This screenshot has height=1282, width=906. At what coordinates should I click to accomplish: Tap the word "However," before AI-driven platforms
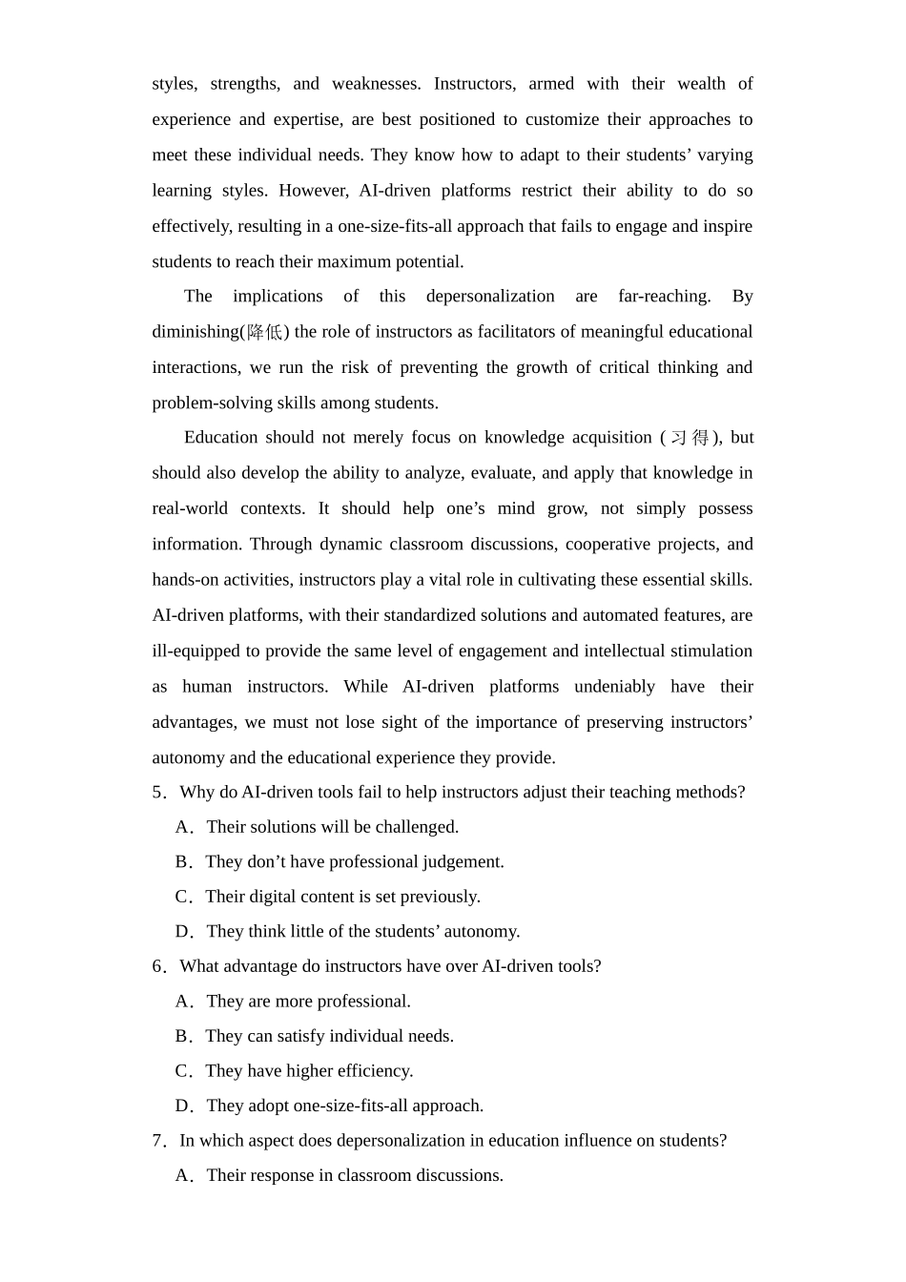pyautogui.click(x=313, y=191)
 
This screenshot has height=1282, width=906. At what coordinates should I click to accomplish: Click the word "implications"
pyautogui.click(x=278, y=297)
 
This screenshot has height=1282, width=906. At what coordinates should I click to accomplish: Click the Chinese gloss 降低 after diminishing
pyautogui.click(x=265, y=332)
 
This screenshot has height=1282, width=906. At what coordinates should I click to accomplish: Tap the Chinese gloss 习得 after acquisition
pyautogui.click(x=690, y=438)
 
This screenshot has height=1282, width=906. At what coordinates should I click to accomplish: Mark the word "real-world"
pyautogui.click(x=190, y=508)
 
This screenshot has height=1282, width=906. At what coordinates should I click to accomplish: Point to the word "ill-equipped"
pyautogui.click(x=196, y=651)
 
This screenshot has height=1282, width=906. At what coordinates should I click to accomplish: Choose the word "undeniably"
pyautogui.click(x=614, y=687)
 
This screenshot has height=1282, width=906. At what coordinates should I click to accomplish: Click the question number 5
pyautogui.click(x=157, y=793)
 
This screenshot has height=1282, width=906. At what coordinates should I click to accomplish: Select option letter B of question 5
pyautogui.click(x=182, y=862)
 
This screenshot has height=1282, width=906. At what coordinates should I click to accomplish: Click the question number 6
pyautogui.click(x=157, y=967)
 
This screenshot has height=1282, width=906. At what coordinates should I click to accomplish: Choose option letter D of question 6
pyautogui.click(x=183, y=1106)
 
